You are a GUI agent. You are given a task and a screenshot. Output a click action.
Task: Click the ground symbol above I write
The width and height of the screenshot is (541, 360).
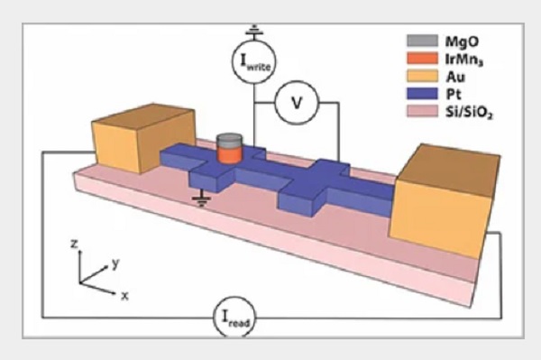(254, 31)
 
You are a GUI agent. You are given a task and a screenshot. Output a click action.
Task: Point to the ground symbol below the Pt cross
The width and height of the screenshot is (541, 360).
(201, 201)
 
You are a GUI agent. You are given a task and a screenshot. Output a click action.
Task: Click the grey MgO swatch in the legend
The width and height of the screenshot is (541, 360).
(423, 41)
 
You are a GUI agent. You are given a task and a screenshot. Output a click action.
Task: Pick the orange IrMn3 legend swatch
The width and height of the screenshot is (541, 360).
(423, 59)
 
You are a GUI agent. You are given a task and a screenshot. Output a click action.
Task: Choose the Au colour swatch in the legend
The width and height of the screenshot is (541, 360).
(423, 76)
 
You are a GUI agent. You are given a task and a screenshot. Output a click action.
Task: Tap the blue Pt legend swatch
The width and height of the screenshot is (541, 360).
(423, 94)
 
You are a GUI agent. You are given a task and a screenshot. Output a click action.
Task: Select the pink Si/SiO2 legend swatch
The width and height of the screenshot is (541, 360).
(423, 111)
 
